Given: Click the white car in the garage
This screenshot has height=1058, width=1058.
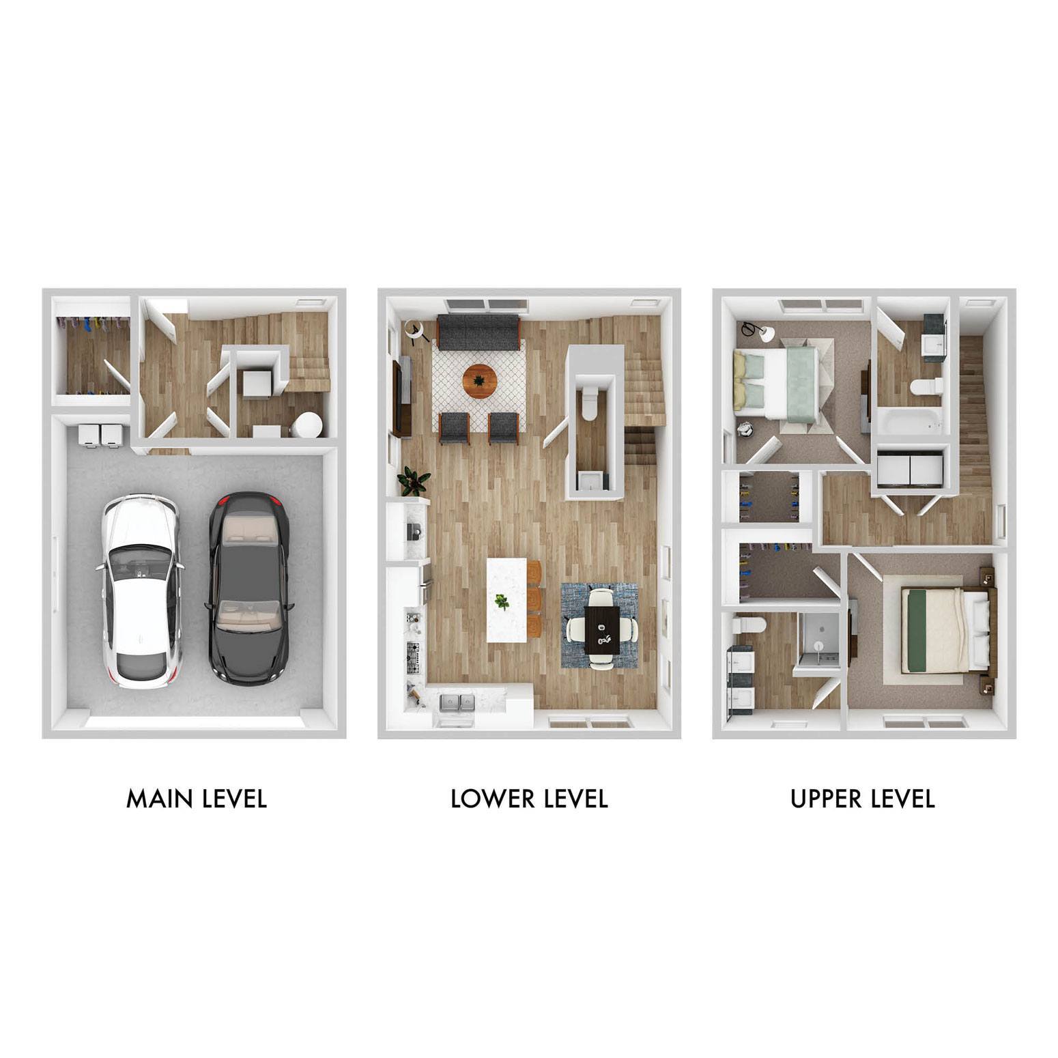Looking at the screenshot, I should tap(141, 590).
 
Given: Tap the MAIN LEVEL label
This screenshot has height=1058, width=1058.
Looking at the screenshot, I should tap(197, 798).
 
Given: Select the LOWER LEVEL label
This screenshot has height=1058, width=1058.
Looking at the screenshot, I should tap(529, 798).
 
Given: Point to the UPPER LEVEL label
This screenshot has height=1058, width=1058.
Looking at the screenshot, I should tap(862, 798).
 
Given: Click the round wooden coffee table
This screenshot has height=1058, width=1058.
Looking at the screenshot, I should tap(480, 380).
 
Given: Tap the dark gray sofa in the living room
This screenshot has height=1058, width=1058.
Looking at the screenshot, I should tap(479, 332).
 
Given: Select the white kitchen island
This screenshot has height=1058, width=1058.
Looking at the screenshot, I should tap(506, 600).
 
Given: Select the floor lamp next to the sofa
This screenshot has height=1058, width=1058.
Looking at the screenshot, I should tap(414, 330).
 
